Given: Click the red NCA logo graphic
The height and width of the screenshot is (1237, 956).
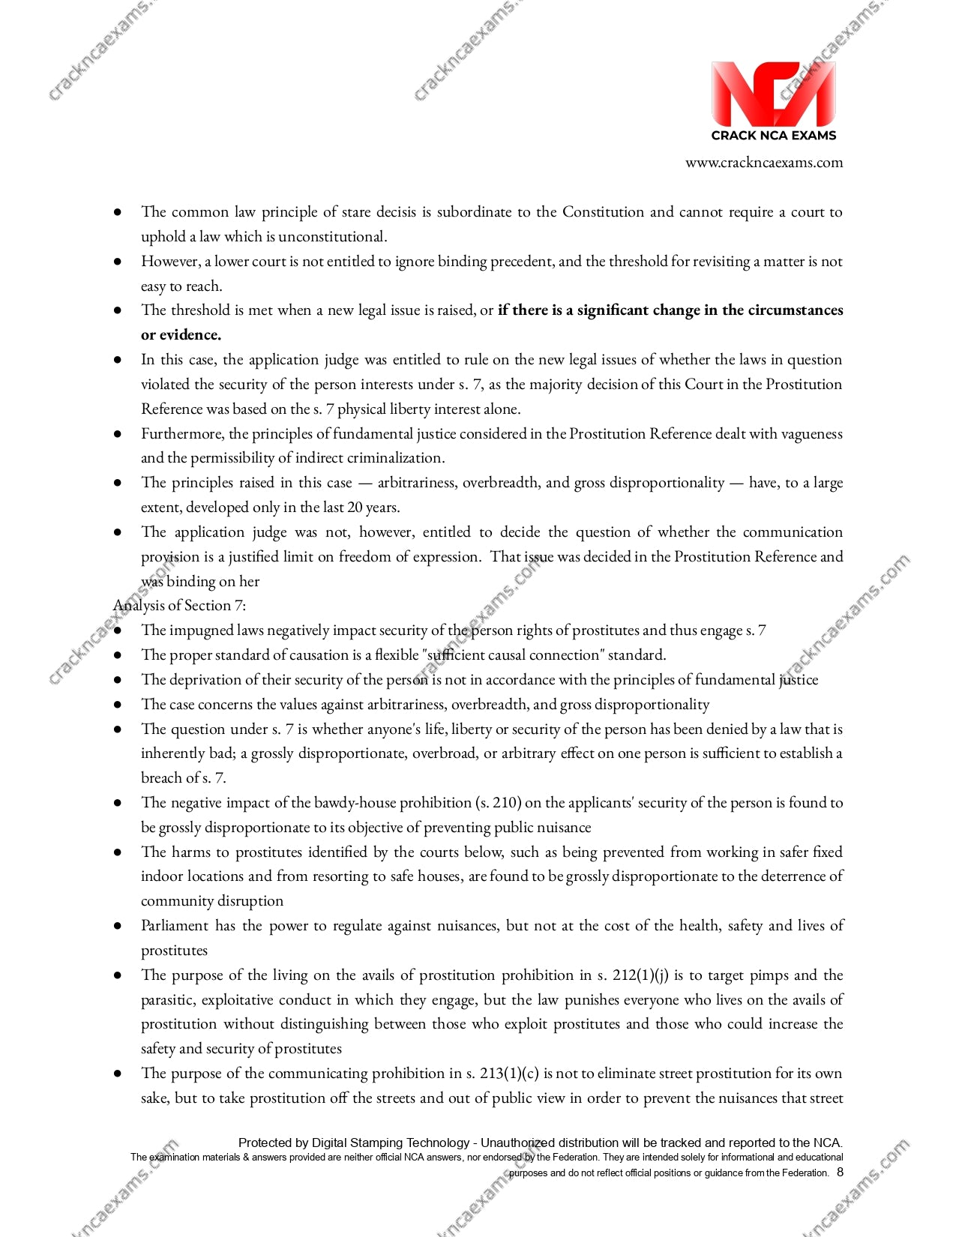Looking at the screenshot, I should (773, 94).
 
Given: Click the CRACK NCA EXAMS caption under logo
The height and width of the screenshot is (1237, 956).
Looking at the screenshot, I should (773, 136).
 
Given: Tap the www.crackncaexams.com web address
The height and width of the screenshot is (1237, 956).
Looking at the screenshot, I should (763, 163).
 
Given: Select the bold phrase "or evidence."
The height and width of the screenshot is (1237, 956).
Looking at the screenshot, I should (181, 335).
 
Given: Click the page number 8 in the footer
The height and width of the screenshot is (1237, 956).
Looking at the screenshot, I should (840, 1173).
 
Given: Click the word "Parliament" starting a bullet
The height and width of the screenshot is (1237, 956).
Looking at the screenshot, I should (175, 926).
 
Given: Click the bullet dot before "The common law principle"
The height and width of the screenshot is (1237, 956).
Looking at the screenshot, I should (118, 213).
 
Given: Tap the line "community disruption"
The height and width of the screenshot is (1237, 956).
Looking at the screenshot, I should (212, 901).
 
